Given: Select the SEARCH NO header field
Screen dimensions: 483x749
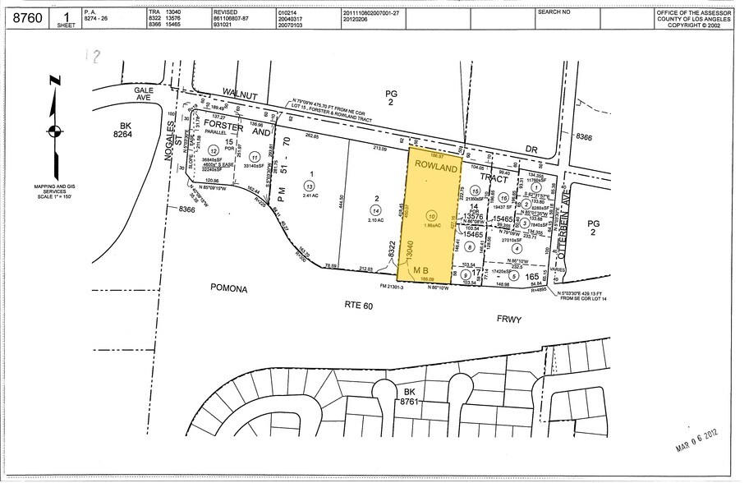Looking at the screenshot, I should pos(554,12).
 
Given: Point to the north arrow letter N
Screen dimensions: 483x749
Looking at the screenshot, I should pos(54,80).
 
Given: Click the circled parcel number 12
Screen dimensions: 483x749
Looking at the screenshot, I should pos(213,151).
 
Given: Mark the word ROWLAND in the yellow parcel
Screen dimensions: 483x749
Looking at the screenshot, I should pos(434,167).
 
